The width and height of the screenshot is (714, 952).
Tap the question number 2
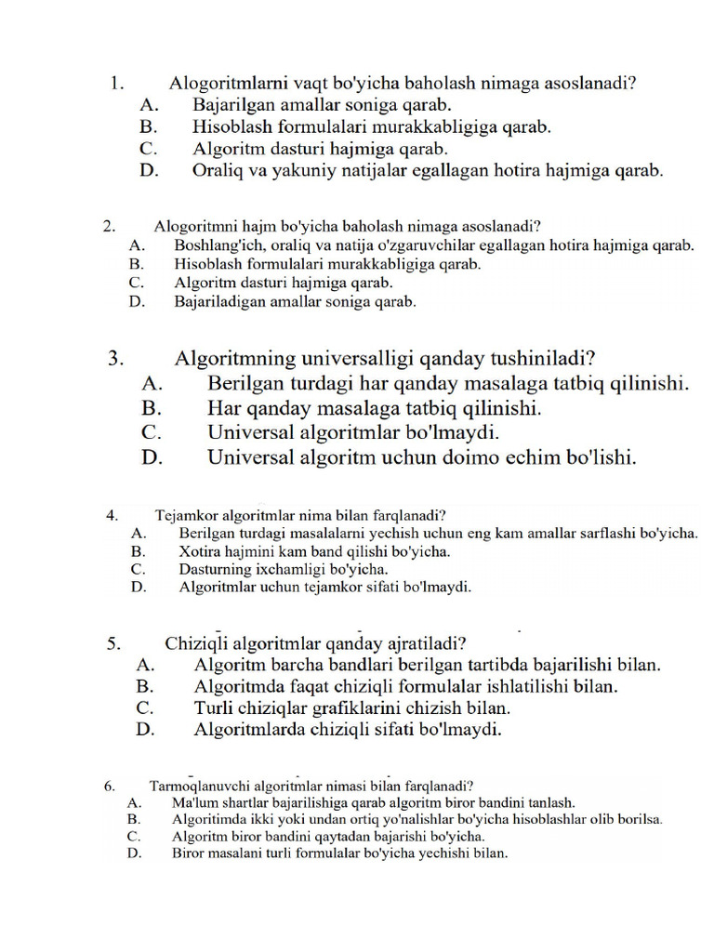[x=109, y=226]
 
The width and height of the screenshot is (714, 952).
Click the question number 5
[x=112, y=642]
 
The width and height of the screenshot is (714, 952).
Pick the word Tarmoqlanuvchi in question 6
[x=193, y=785]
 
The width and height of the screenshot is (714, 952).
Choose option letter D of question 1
[x=148, y=171]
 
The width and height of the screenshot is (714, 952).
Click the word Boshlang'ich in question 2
[x=213, y=245]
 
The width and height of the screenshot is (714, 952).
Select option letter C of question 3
[x=152, y=432]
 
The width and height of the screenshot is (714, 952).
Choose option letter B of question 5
[x=144, y=686]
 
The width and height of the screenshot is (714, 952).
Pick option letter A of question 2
[x=136, y=245]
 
